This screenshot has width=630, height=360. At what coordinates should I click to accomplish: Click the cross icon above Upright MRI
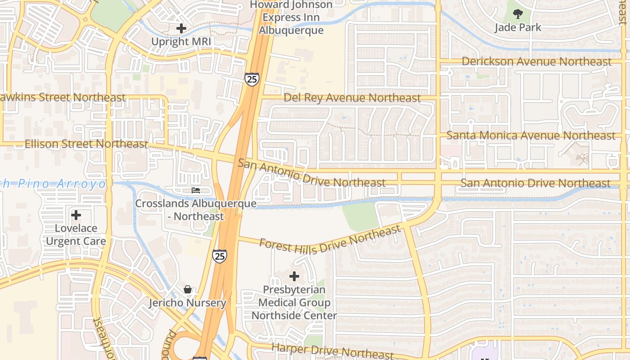click(181, 28)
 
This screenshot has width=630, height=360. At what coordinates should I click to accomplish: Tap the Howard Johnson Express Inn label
click(292, 18)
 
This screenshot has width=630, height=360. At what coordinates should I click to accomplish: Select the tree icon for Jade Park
click(518, 13)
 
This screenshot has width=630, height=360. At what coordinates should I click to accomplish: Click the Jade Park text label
click(518, 27)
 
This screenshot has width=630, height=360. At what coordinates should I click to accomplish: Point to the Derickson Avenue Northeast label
click(536, 62)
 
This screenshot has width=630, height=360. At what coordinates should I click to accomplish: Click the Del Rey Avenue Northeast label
click(352, 98)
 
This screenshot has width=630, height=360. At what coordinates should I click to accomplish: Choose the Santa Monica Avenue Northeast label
click(531, 135)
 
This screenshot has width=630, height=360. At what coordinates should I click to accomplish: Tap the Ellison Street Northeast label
click(86, 144)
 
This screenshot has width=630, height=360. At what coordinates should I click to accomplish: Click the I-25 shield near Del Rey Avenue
click(252, 79)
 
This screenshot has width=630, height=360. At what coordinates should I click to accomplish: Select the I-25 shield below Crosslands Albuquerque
click(220, 256)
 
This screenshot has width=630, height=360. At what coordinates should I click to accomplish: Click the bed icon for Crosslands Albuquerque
click(196, 190)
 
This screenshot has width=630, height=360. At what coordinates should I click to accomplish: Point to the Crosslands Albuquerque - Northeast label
click(196, 210)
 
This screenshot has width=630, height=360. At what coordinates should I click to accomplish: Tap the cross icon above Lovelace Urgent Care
click(76, 215)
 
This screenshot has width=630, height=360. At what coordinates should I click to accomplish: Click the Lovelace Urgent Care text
click(76, 234)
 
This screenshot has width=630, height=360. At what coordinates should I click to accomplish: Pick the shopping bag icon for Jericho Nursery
click(188, 289)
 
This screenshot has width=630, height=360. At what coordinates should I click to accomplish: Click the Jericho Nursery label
click(188, 303)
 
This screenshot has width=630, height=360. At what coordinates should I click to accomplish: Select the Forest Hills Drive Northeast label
click(330, 240)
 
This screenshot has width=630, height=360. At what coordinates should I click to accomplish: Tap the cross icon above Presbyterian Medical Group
click(294, 276)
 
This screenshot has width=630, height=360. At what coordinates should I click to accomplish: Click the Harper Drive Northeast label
click(333, 351)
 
